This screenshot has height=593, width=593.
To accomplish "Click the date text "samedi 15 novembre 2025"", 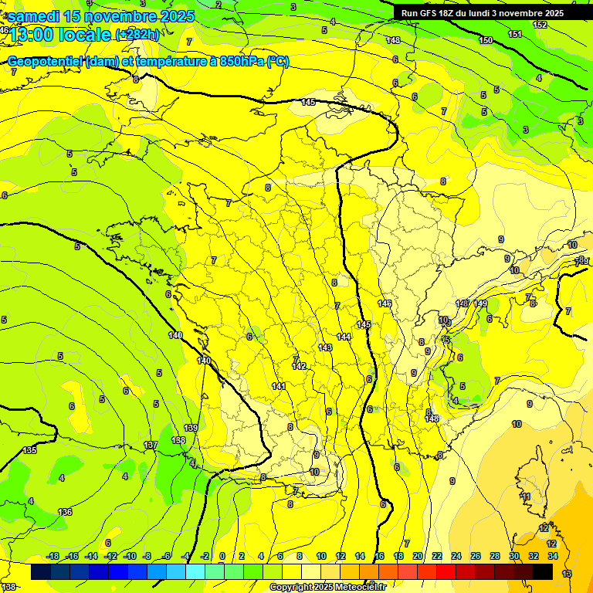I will coord(100,16).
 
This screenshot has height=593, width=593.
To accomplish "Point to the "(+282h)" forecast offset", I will coord(137,35).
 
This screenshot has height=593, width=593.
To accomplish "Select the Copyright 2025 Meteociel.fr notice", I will coord(328,588).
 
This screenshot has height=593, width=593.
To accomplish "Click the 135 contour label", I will coord(29,450).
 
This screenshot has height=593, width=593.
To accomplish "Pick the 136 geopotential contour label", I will coord(66,512).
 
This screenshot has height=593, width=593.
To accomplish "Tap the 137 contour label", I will coord(151,446).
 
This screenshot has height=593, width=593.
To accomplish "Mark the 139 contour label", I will coord(191,428).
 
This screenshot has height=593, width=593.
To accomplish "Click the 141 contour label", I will coord(279,386).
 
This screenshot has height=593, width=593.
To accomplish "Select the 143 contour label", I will coord(325,347).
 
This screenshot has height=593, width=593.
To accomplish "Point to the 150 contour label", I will coord(486,40).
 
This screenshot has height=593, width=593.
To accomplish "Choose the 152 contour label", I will coord(540,25).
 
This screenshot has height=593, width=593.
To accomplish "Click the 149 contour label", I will coord(480,303).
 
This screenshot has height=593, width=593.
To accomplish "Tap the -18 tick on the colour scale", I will coord(53,556).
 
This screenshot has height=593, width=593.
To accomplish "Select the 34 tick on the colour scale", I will coord(552,556).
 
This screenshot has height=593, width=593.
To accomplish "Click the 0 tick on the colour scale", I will coord(222,556).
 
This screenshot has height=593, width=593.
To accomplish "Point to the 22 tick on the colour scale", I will coord(437,556).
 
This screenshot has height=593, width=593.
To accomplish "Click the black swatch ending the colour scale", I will coord(543,571).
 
